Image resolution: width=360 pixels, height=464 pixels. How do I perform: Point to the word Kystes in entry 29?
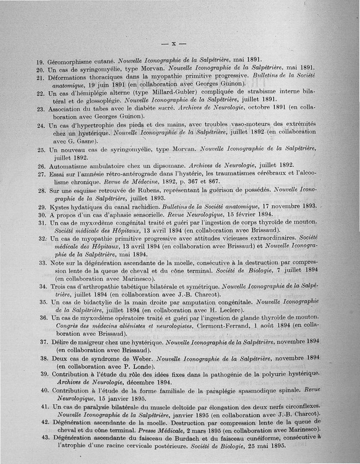(x=60, y=207)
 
